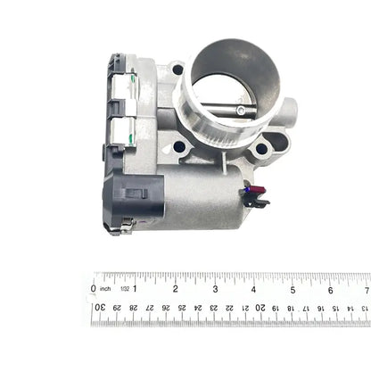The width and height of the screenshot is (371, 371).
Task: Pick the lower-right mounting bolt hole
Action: (x=260, y=149)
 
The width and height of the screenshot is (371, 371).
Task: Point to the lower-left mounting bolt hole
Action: (x=179, y=146)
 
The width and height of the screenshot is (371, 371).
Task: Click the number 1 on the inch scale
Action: (x=136, y=289)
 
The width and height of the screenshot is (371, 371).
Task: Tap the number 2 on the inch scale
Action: (x=175, y=289)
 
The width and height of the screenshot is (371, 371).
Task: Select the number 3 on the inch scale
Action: (x=214, y=289)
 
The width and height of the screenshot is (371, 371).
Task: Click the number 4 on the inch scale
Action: (x=253, y=289)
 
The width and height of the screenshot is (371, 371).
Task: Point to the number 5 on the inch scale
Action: (x=293, y=289)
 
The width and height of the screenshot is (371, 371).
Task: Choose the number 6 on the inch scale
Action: (x=331, y=289)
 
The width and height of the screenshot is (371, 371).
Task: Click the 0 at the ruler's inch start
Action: (x=94, y=288)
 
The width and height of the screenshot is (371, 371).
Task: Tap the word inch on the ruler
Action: (x=106, y=289)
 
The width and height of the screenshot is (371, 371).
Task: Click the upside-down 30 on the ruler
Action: (x=99, y=308)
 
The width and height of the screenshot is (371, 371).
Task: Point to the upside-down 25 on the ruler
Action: (x=182, y=308)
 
